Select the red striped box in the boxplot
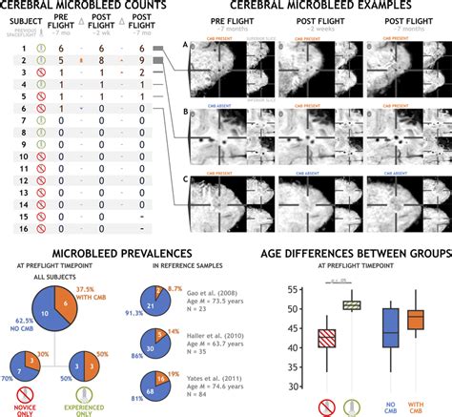pos(326,339)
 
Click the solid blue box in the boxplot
pos(391,326)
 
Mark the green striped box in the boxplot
pos(354,304)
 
